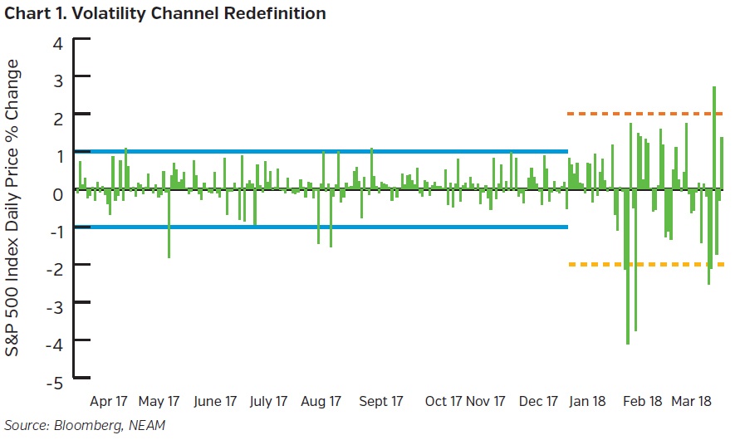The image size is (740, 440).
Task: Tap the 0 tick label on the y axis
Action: click(x=57, y=193)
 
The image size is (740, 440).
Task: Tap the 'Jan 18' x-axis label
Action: click(x=587, y=401)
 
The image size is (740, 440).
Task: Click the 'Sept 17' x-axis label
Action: click(x=380, y=401)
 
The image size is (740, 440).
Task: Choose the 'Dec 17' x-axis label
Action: click(x=537, y=401)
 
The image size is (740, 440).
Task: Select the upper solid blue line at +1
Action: click(x=332, y=152)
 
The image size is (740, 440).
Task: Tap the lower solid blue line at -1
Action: click(x=332, y=227)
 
